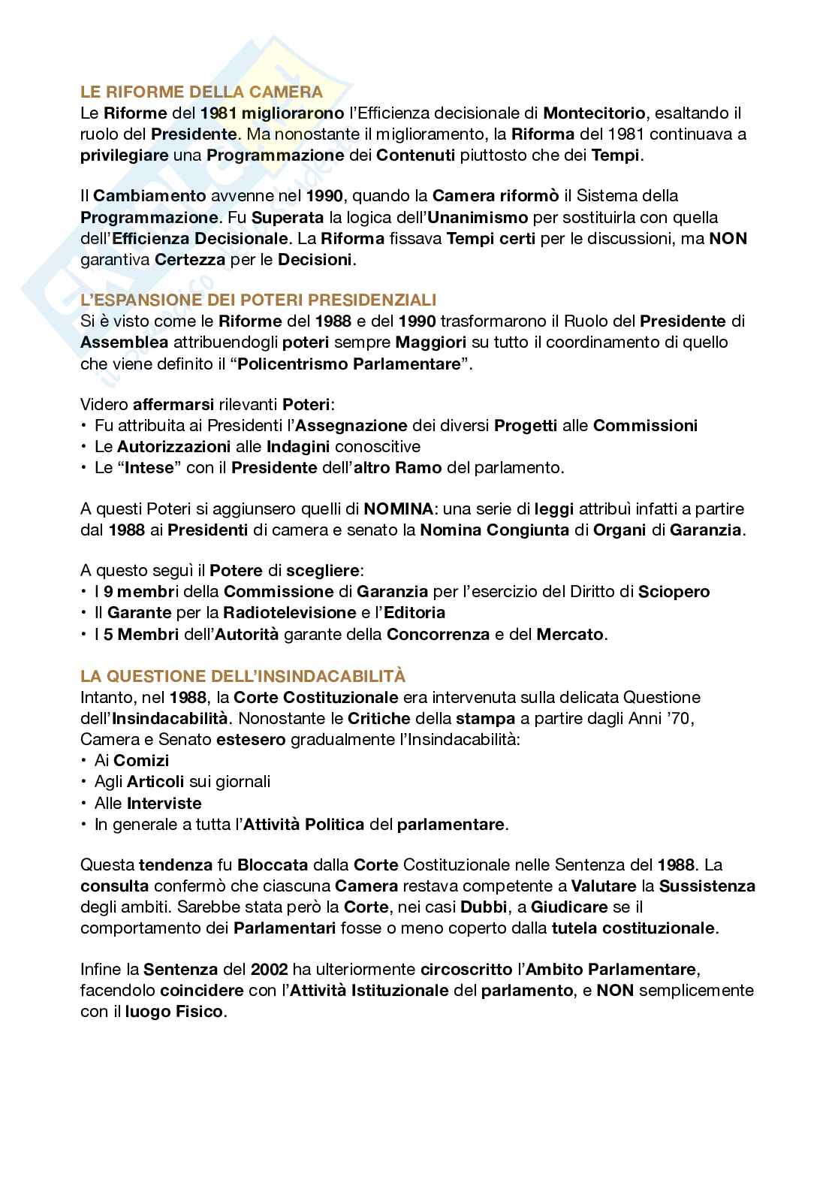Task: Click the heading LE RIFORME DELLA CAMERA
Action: click(201, 92)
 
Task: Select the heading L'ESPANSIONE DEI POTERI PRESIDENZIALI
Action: click(258, 300)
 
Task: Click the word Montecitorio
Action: click(593, 113)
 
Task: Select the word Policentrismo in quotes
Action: click(281, 364)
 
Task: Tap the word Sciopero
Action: click(674, 591)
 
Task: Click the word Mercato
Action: click(570, 634)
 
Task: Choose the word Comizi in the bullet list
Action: click(141, 760)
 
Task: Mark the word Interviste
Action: click(164, 803)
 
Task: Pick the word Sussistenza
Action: click(707, 886)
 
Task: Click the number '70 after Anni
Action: click(680, 718)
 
